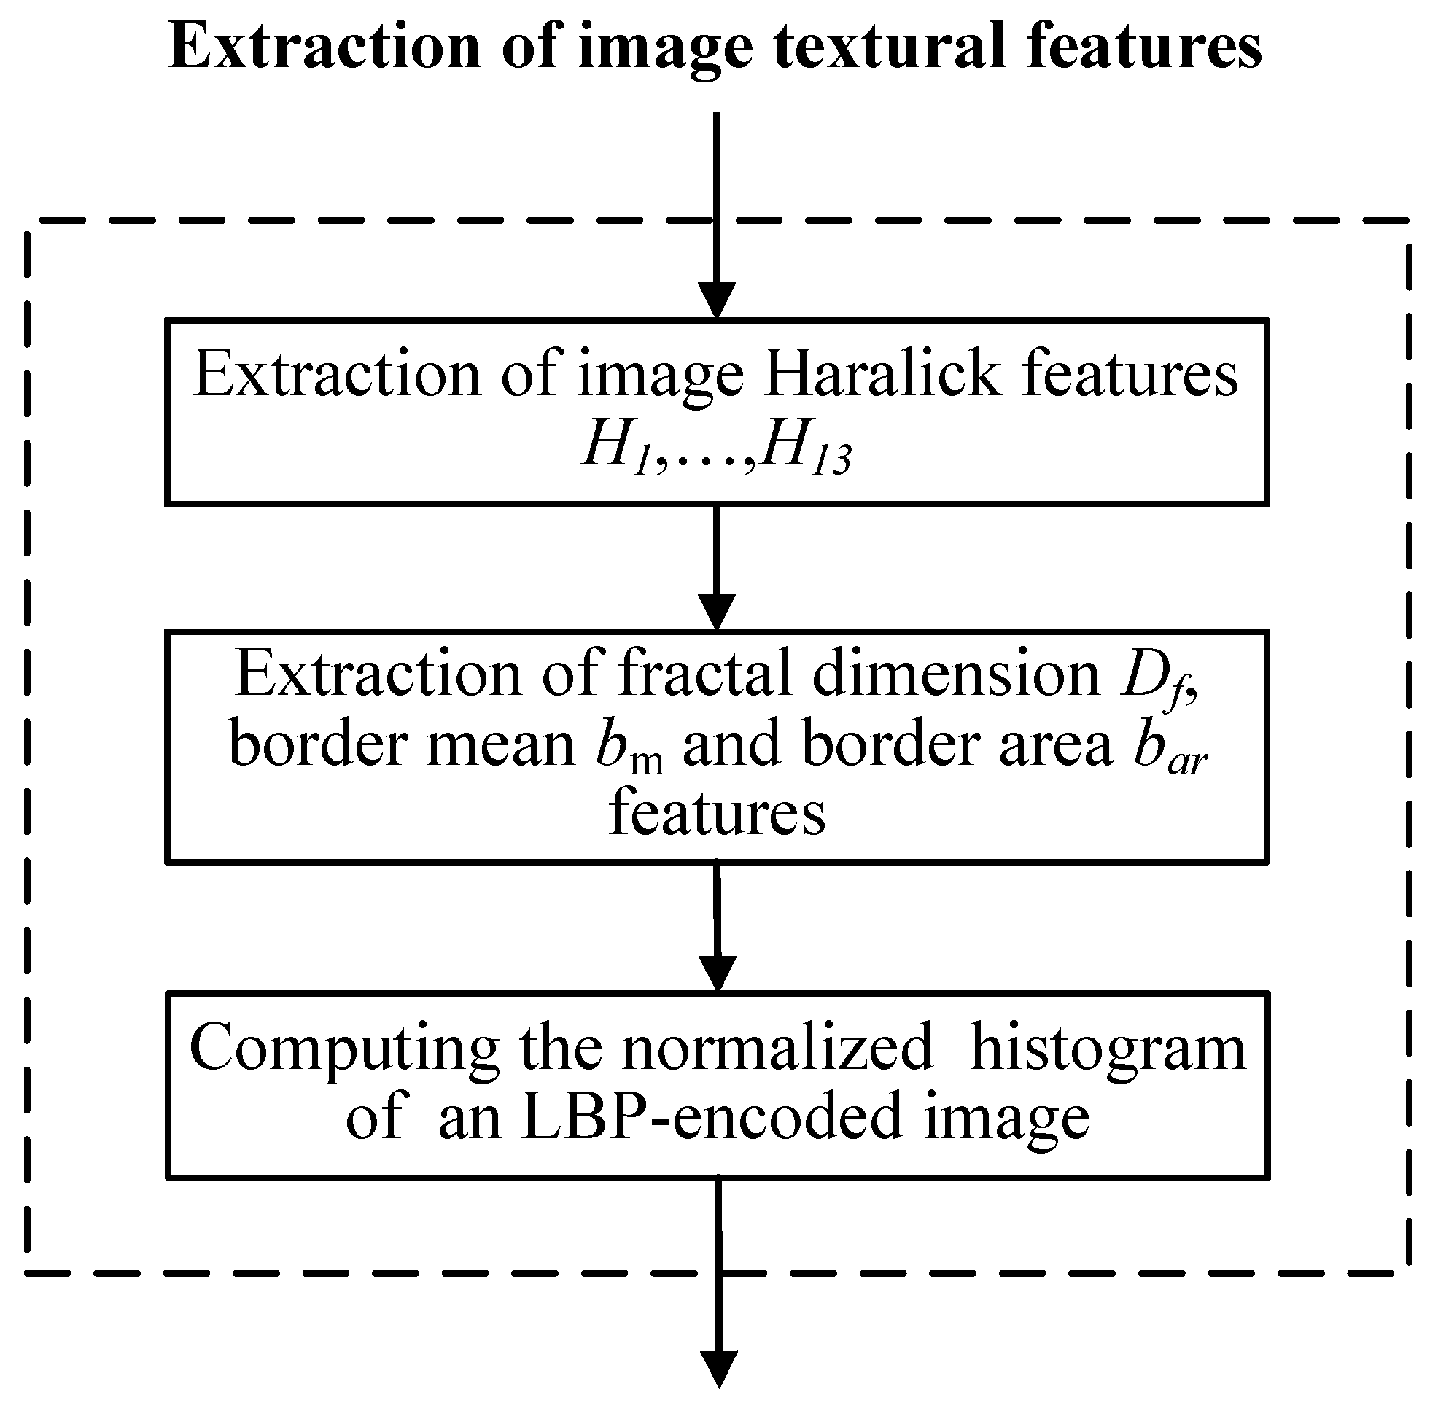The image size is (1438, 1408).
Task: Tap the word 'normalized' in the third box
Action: click(777, 1047)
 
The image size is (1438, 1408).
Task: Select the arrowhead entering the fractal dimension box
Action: click(717, 612)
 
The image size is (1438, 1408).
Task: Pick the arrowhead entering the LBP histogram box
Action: click(717, 974)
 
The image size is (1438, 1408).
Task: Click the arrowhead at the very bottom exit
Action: click(718, 1369)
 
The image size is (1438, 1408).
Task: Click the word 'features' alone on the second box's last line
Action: click(717, 813)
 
